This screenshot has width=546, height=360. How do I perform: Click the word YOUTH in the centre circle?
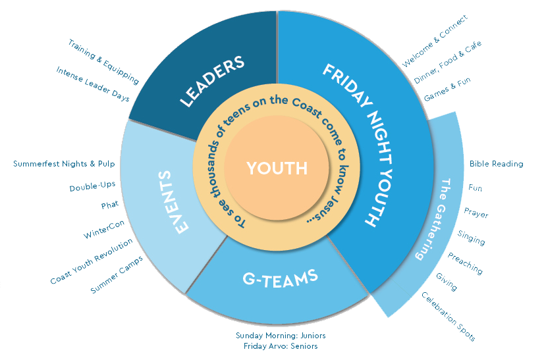pyautogui.click(x=277, y=168)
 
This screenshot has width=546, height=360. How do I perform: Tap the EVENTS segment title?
pyautogui.click(x=173, y=201)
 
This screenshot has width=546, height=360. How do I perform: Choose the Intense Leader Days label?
pyautogui.click(x=93, y=84)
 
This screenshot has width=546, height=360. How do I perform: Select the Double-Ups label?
pyautogui.click(x=92, y=188)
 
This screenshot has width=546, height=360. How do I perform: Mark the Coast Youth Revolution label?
pyautogui.click(x=92, y=261)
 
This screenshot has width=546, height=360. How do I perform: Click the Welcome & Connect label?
pyautogui.click(x=435, y=41)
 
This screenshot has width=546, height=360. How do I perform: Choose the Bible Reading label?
pyautogui.click(x=496, y=164)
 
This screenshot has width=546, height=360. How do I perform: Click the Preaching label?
pyautogui.click(x=465, y=263)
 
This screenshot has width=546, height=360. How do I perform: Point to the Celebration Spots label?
pyautogui.click(x=448, y=317)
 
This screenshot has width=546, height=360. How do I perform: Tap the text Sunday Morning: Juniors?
pyautogui.click(x=281, y=335)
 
